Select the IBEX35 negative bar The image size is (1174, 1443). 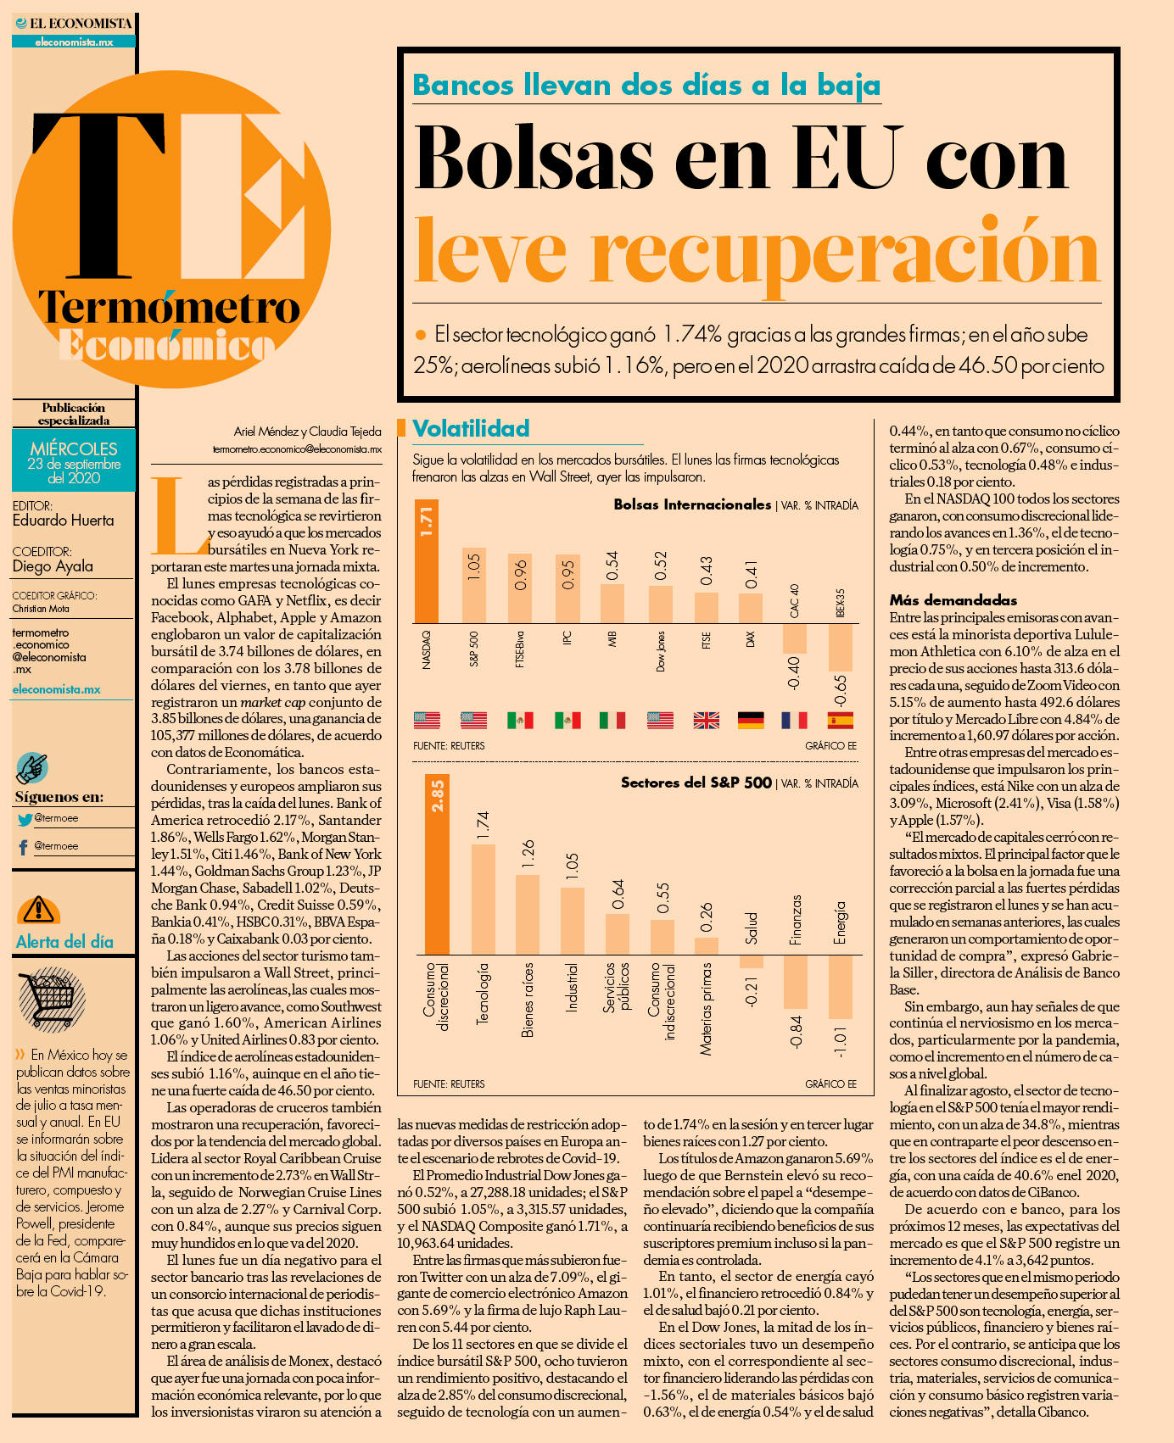pyautogui.click(x=840, y=648)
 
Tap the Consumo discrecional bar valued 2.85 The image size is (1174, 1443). pyautogui.click(x=437, y=864)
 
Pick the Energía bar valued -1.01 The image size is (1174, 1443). pyautogui.click(x=840, y=987)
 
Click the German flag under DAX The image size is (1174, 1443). pyautogui.click(x=751, y=721)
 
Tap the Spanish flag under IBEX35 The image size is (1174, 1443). pyautogui.click(x=840, y=721)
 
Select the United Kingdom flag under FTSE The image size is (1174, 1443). pyautogui.click(x=706, y=721)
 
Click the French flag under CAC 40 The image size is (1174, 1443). pyautogui.click(x=794, y=721)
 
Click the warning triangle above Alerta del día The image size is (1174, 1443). pyautogui.click(x=38, y=910)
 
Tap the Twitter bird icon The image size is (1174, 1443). pyautogui.click(x=25, y=819)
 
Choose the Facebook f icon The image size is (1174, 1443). pyautogui.click(x=23, y=847)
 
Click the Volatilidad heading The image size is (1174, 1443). pyautogui.click(x=471, y=429)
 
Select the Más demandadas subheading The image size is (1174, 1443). pyautogui.click(x=942, y=600)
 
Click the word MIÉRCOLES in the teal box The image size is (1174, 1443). pyautogui.click(x=74, y=448)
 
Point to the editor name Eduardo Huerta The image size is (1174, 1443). pyautogui.click(x=63, y=521)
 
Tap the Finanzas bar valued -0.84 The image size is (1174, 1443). pyautogui.click(x=796, y=982)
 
